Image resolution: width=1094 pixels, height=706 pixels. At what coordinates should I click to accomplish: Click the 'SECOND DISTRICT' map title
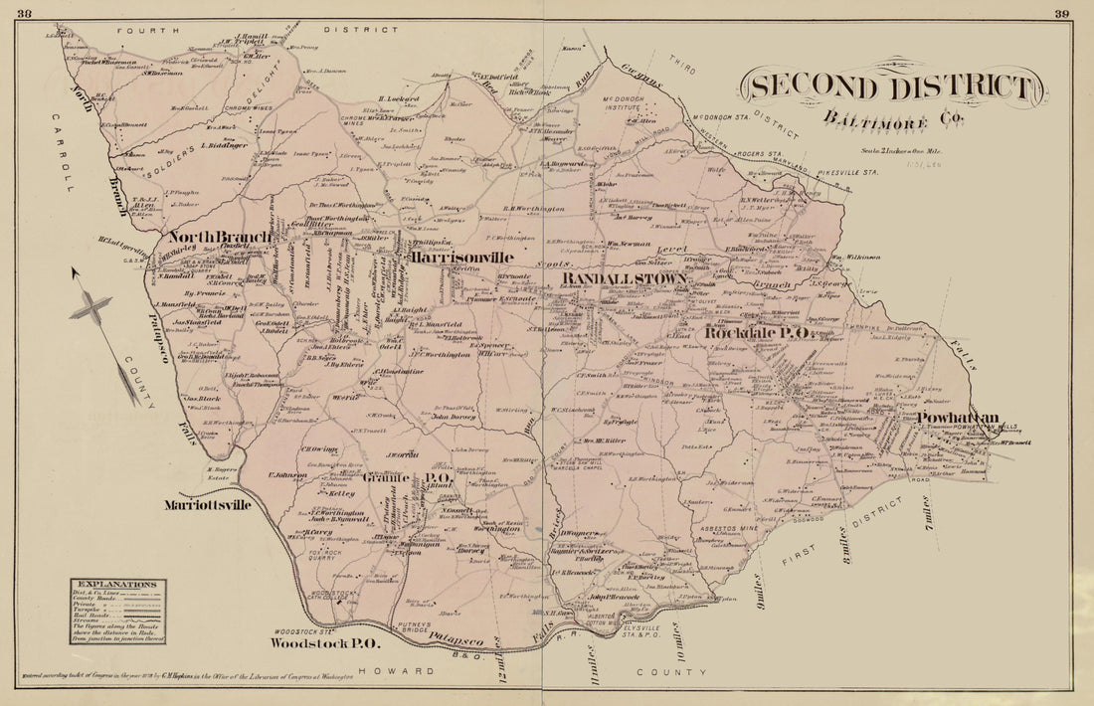(891, 87)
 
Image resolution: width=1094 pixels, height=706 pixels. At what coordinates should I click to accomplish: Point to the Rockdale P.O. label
(759, 333)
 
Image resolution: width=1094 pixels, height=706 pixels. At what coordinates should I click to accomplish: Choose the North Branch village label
(219, 237)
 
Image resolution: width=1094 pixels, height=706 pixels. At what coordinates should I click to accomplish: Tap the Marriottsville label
(208, 504)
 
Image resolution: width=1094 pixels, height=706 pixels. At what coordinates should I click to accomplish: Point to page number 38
(25, 12)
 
